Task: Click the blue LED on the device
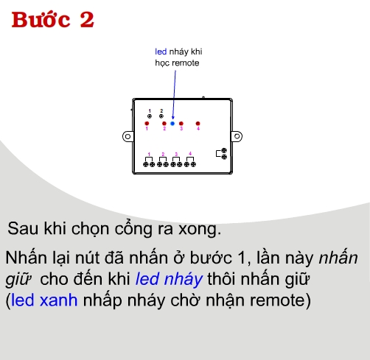point(172,124)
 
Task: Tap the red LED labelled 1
point(147,124)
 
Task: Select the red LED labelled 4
point(198,124)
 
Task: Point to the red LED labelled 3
point(181,124)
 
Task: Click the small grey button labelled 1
point(150,116)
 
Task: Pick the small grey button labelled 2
point(162,116)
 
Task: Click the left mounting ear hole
point(128,135)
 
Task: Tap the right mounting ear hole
point(238,135)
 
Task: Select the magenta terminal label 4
point(190,154)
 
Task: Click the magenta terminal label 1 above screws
point(150,154)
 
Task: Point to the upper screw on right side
point(224,150)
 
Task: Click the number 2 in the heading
point(87,21)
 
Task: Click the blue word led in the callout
point(160,52)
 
